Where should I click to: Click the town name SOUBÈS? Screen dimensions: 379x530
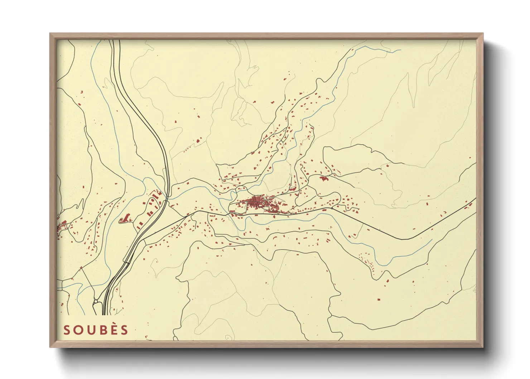point(96,330)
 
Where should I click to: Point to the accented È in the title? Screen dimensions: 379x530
point(113,330)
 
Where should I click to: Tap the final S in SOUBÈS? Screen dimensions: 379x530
point(124,330)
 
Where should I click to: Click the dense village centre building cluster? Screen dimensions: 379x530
point(257,202)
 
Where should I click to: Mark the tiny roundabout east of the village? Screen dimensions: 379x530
point(332,208)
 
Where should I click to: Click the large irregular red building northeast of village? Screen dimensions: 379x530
point(324,178)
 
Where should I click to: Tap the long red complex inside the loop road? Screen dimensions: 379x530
point(125,218)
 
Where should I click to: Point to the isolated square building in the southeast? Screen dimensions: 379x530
point(379,299)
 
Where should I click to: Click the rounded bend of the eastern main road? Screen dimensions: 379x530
point(403,239)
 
